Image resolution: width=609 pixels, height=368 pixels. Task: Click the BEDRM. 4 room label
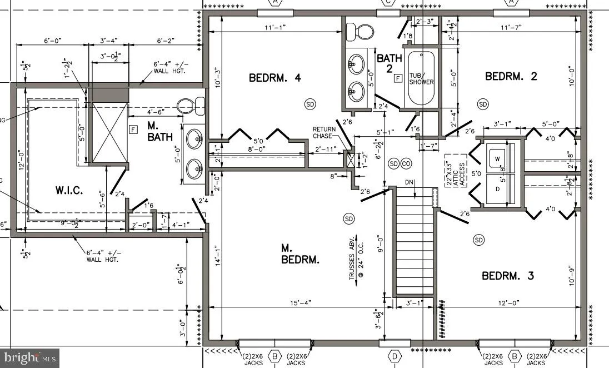(274, 78)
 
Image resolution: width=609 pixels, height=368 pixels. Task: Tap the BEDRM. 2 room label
(511, 76)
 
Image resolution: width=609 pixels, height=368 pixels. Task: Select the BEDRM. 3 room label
(507, 275)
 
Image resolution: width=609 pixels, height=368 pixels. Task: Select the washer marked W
(498, 158)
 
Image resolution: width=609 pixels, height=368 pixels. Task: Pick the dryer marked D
(498, 188)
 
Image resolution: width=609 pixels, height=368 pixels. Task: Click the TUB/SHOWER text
(421, 78)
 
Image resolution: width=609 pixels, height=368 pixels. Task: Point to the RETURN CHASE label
(325, 132)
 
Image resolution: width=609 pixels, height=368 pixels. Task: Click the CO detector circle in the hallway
(406, 163)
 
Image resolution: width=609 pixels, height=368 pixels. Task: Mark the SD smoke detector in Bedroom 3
(478, 240)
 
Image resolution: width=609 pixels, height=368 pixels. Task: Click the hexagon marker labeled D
(395, 356)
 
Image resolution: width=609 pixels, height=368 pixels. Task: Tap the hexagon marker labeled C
(388, 3)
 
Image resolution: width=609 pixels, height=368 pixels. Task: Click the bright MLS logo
(30, 357)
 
